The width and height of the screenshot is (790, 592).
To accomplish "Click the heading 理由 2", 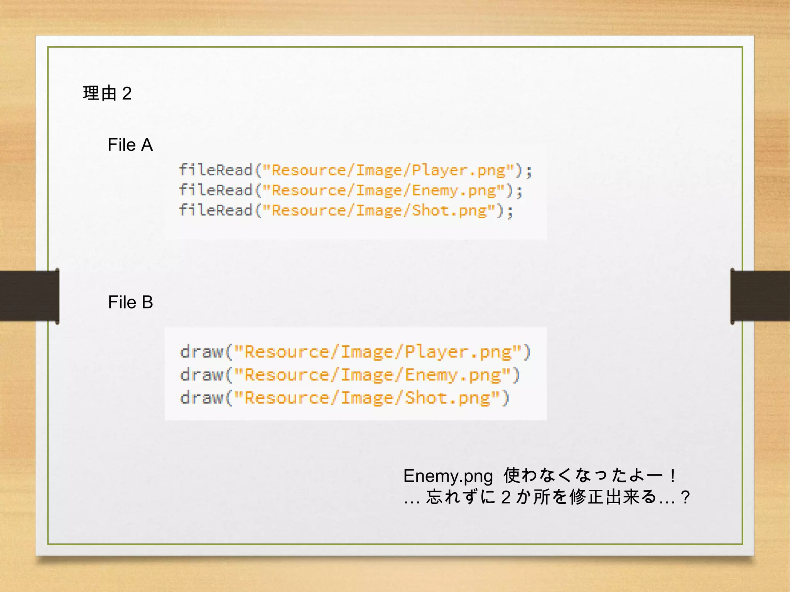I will click(107, 93).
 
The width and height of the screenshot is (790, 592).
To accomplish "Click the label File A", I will click(130, 145).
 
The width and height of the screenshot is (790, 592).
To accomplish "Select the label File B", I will click(130, 302).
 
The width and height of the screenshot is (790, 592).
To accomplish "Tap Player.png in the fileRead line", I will click(459, 170).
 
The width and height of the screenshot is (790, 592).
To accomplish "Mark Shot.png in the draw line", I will click(448, 398).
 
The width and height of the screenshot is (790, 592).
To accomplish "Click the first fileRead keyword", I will click(215, 170).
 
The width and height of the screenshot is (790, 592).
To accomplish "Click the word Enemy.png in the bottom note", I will click(448, 476).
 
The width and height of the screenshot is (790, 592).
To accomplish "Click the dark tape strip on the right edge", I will click(760, 296).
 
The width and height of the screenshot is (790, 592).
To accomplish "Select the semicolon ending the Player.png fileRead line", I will click(528, 171).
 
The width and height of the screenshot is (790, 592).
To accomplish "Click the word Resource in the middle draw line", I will click(286, 375).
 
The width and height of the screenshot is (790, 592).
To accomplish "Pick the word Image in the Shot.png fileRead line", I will click(378, 211).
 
